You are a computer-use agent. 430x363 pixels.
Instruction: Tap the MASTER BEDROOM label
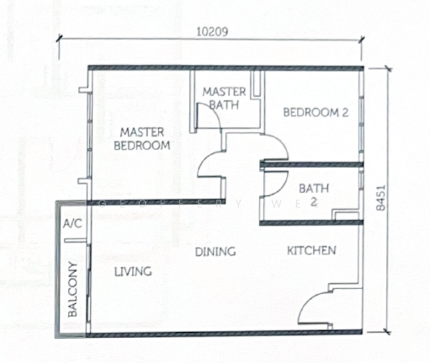142,139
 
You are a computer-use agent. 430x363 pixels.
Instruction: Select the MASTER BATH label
224,98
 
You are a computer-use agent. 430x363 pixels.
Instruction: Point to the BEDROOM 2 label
315,112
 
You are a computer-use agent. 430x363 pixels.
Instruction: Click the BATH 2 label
313,195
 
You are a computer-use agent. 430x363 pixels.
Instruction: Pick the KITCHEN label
311,250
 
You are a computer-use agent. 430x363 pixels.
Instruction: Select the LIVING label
132,272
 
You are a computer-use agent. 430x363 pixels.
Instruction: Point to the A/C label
72,224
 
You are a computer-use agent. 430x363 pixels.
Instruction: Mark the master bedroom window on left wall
89,139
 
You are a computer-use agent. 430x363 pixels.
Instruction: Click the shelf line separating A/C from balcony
74,240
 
